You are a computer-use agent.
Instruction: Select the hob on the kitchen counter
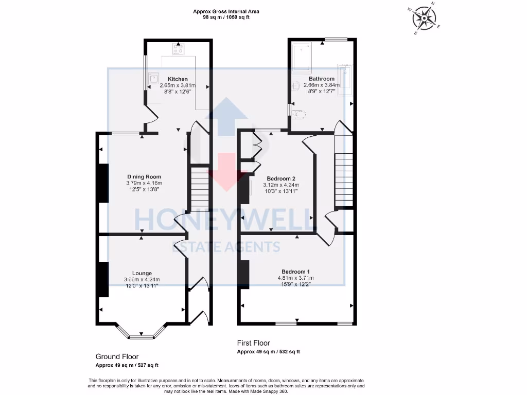pyautogui.click(x=179, y=49)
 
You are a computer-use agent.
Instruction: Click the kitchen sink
pyautogui.click(x=154, y=79)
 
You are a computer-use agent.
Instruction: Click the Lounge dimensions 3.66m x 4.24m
pyautogui.click(x=146, y=279)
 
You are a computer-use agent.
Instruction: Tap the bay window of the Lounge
pyautogui.click(x=140, y=335)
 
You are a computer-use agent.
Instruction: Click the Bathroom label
pyautogui.click(x=322, y=79)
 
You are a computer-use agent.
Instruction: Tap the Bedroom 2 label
pyautogui.click(x=281, y=178)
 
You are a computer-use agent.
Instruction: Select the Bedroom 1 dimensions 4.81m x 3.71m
pyautogui.click(x=295, y=278)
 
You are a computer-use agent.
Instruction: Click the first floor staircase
pyautogui.click(x=344, y=170)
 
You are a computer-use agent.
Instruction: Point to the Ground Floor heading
pyautogui.click(x=117, y=356)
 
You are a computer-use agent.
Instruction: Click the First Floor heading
pyautogui.click(x=253, y=343)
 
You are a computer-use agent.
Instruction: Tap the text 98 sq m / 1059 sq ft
pyautogui.click(x=226, y=17)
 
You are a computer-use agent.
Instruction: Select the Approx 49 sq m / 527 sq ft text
pyautogui.click(x=127, y=365)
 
